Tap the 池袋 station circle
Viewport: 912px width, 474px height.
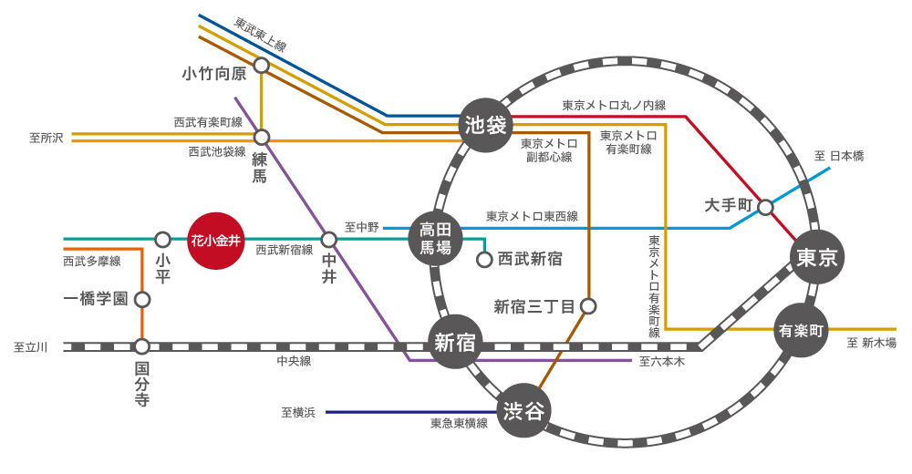coord(485,124)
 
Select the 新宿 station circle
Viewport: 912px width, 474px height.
coord(455,343)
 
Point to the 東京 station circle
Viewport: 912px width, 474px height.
coord(816,257)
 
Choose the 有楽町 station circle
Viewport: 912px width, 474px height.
coord(799,330)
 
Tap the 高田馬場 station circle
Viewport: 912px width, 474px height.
coord(435,239)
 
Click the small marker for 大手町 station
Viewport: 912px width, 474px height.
coord(766,207)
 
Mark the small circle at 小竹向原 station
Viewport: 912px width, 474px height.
coord(262,66)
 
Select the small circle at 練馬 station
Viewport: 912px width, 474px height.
coord(262,138)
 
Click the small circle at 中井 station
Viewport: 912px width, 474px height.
coord(329,240)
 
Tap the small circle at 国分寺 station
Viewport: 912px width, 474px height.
coord(142,346)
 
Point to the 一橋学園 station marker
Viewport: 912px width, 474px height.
coord(142,298)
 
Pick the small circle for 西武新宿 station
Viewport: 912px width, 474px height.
coord(485,260)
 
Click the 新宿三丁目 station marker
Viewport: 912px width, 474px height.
coord(588,306)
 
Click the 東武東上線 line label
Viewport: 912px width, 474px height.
coord(260,34)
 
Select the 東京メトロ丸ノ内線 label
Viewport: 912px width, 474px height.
coord(613,105)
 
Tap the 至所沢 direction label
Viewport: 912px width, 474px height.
coord(46,138)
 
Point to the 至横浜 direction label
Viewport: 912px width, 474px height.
coord(298,413)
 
